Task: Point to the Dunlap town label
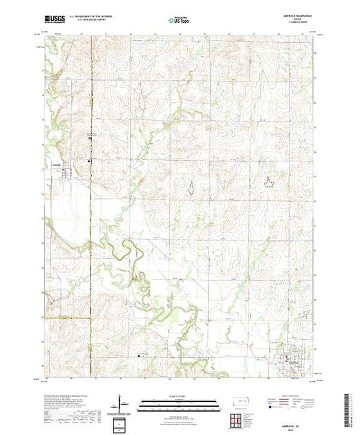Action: coord(59,164)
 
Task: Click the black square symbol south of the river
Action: coord(142,356)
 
